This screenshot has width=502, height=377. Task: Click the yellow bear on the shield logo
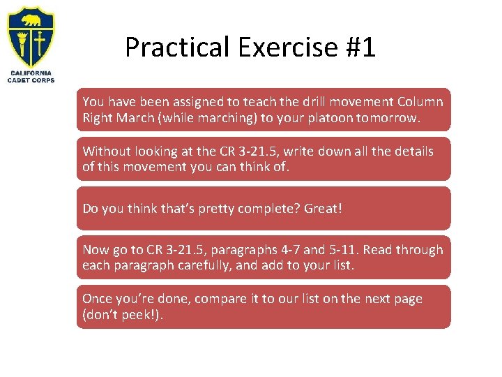click(x=31, y=19)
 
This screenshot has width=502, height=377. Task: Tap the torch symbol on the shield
click(x=23, y=43)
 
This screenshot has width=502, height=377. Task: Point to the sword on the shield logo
click(x=40, y=44)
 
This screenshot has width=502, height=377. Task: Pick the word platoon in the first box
click(x=329, y=118)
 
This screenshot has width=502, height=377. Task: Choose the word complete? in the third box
click(x=259, y=208)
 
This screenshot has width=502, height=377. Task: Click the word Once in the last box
click(x=98, y=299)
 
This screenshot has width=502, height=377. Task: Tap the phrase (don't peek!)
click(x=123, y=315)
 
